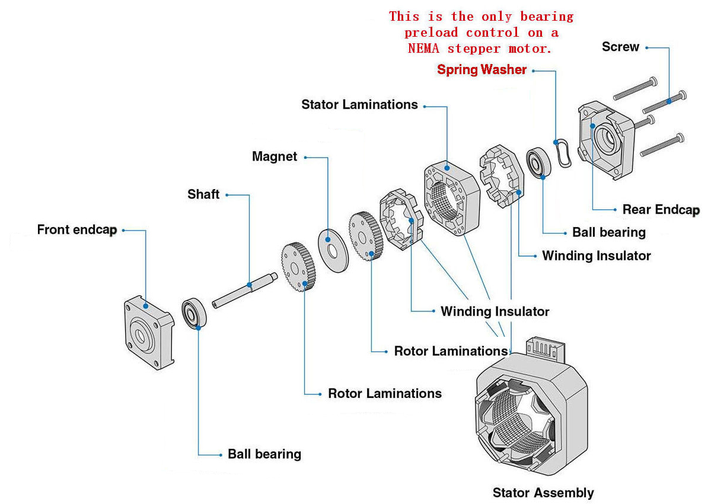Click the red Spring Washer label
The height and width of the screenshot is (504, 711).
pos(482,70)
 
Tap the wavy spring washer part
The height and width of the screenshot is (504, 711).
pos(563,153)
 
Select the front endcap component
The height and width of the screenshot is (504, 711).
pos(148,332)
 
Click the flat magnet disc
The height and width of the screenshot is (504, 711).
pos(333,250)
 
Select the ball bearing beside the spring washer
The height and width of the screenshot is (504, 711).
pos(539,162)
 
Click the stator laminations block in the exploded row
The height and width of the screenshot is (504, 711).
pos(451,200)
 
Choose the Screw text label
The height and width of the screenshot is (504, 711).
pos(620,47)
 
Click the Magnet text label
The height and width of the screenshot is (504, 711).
pos(274,157)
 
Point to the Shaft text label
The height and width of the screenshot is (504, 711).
pos(203,194)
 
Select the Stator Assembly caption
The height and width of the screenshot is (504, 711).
pos(543,493)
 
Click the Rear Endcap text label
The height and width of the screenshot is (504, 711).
pos(661,209)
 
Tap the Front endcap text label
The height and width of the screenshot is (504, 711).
pos(76,229)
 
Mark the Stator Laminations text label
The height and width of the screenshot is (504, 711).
pos(359,105)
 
